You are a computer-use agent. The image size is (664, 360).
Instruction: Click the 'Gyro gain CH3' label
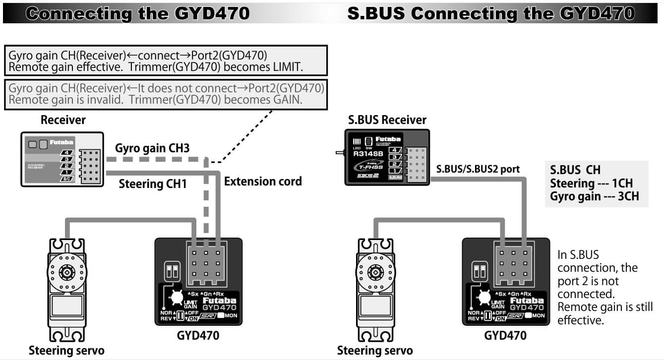152,148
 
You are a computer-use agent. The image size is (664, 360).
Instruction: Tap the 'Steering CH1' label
153,184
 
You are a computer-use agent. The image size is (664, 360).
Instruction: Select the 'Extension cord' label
263,181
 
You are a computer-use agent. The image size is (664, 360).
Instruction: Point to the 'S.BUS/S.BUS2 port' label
478,169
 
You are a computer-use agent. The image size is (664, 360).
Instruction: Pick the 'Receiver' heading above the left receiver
63,120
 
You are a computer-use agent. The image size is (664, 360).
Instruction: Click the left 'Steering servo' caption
66,351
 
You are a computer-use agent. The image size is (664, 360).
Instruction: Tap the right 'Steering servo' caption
375,351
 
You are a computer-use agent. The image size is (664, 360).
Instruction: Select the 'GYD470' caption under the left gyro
198,336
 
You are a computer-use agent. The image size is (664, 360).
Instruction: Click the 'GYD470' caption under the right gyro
505,336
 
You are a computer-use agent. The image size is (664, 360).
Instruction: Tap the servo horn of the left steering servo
66,272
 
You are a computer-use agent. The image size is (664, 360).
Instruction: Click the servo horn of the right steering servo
374,272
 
